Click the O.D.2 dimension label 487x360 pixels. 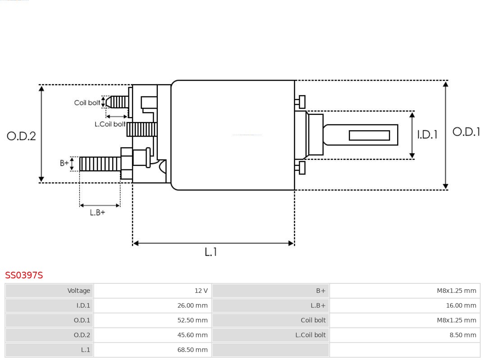coord(21,136)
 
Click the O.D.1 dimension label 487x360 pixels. coord(466,132)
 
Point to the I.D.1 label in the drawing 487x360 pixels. coord(427,135)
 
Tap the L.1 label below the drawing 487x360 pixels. coord(211,252)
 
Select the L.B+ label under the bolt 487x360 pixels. coord(97,212)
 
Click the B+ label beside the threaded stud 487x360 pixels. coord(64,163)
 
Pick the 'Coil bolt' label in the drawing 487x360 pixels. coord(87,103)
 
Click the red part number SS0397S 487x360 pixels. coord(24,275)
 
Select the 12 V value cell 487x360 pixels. coord(153,291)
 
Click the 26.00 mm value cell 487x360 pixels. coord(153,305)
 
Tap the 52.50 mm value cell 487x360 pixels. coord(153,320)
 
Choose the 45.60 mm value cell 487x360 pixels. coord(153,335)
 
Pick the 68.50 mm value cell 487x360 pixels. coord(153,350)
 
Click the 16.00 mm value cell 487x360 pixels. coord(405,305)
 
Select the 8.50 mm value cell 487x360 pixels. coord(405,335)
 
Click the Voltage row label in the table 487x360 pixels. coord(50,291)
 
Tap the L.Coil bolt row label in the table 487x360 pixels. coord(271,335)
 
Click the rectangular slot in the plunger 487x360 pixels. coord(369,135)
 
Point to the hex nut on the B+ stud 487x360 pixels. coord(126,163)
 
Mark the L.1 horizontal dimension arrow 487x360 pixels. coord(213,243)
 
